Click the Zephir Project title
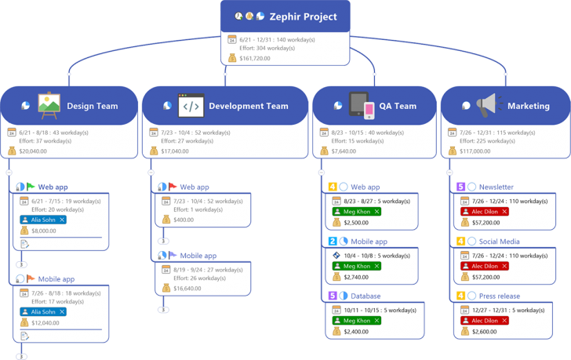tap(303, 16)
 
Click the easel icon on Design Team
tap(49, 105)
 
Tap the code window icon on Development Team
tap(191, 106)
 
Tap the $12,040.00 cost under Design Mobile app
tap(45, 323)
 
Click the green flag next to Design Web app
tap(31, 187)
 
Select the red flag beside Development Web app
tap(172, 187)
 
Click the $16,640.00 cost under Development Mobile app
tap(187, 289)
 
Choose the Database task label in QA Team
tap(366, 296)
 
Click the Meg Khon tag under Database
tap(356, 321)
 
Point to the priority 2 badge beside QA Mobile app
tap(333, 242)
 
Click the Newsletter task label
tap(496, 187)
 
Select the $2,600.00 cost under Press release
tap(485, 332)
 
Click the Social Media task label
tap(499, 242)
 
